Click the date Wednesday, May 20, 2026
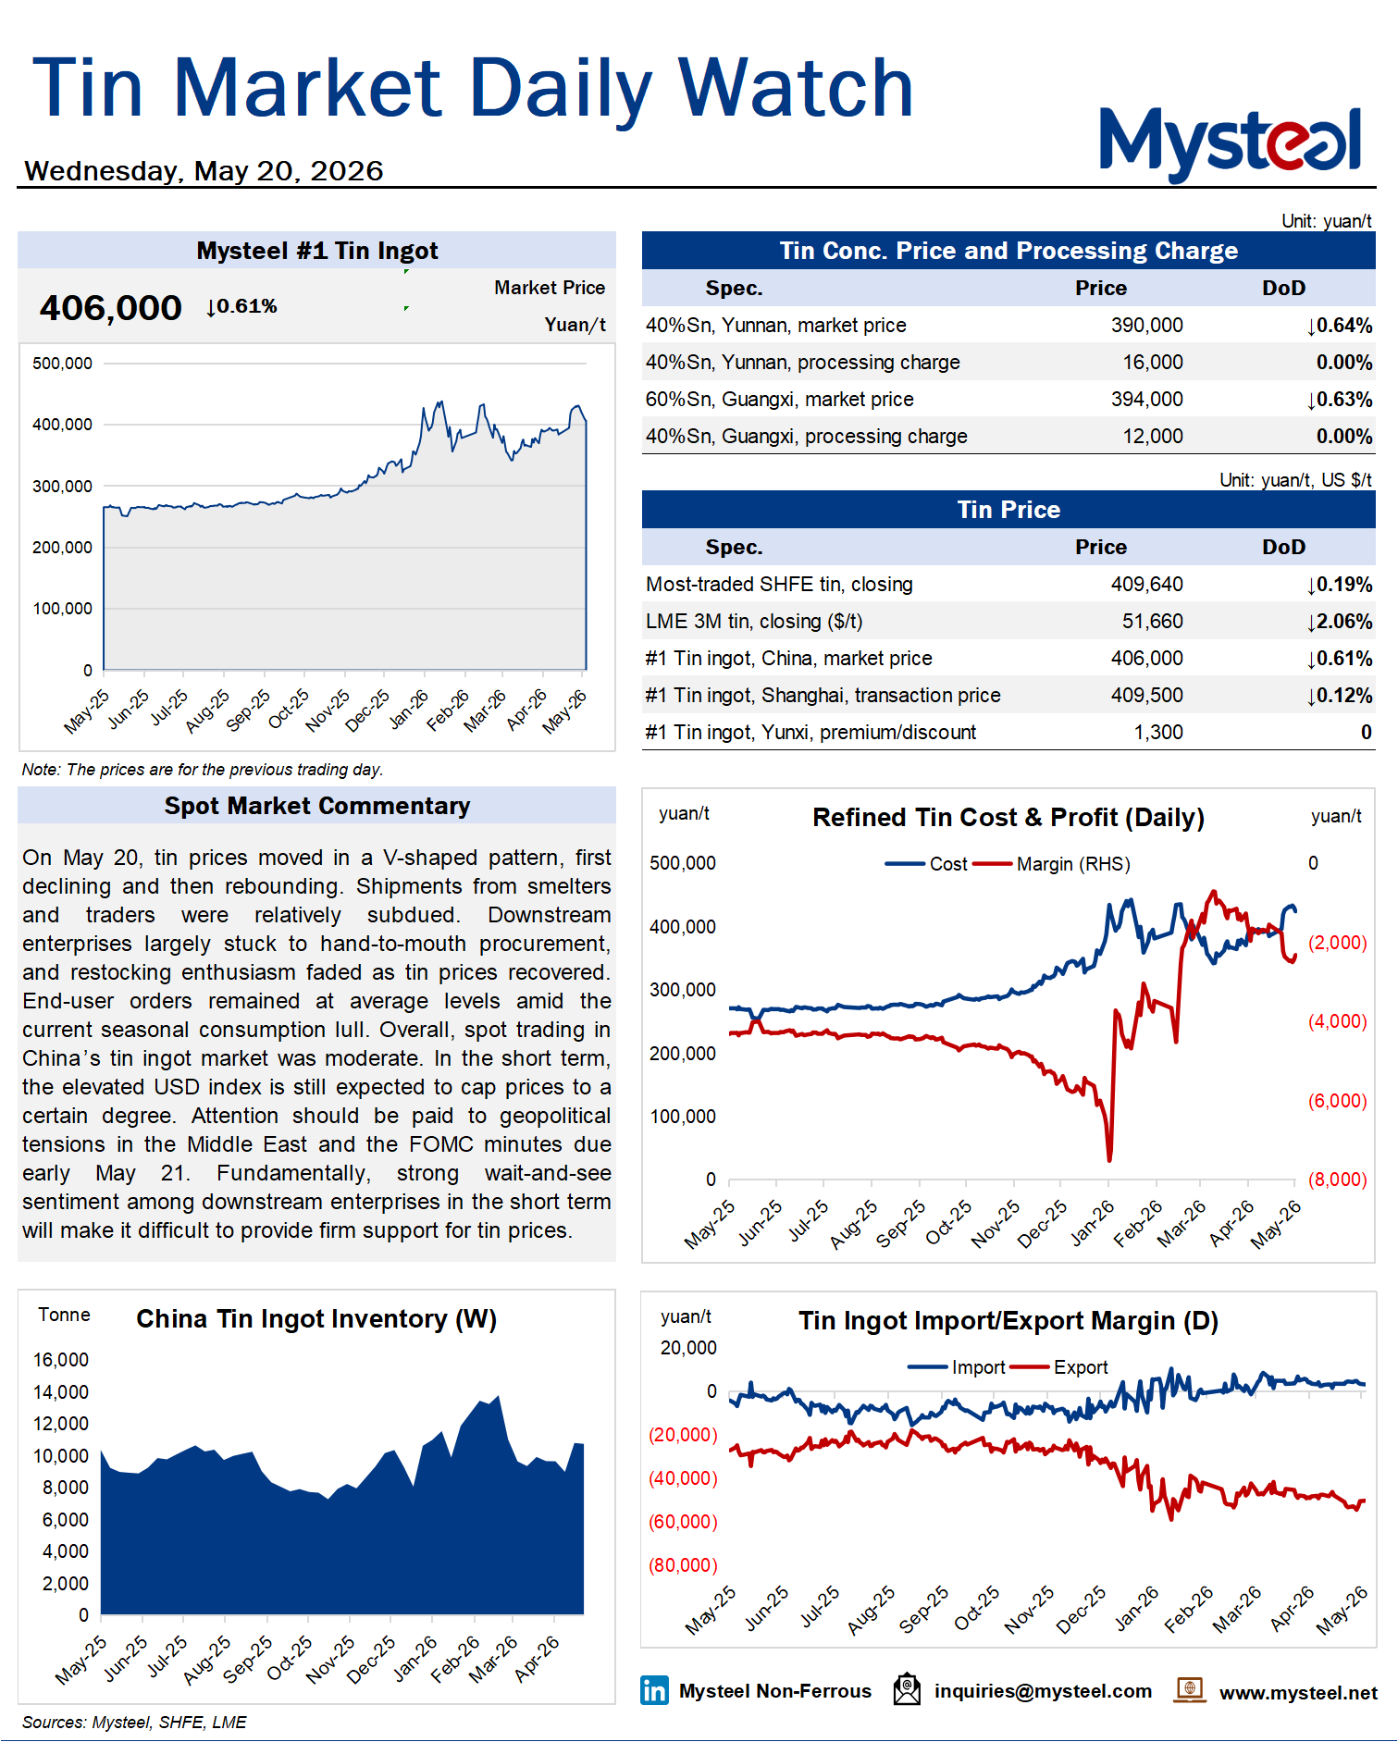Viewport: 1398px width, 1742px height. click(204, 171)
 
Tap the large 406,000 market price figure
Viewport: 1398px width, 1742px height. click(110, 308)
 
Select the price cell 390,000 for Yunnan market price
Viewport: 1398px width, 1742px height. click(1146, 326)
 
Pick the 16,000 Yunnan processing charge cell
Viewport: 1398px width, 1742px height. click(1152, 363)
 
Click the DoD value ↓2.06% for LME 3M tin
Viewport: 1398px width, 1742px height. click(1339, 622)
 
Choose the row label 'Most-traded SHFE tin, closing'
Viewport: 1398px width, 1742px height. click(779, 585)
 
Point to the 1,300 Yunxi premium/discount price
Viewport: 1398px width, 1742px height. click(1158, 733)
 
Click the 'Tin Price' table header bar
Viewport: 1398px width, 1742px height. click(1008, 510)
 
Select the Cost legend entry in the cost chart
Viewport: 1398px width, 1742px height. click(926, 864)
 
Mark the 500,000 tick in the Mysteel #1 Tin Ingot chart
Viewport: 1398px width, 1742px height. click(62, 364)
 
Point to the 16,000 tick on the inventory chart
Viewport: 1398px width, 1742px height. click(61, 1360)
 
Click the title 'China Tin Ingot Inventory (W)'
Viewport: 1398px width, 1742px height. click(316, 1319)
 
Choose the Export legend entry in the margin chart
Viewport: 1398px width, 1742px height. click(1059, 1367)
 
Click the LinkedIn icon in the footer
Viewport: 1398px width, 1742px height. click(654, 1690)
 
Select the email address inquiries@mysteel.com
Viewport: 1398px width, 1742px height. click(1043, 1691)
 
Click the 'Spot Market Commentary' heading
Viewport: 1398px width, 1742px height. click(317, 806)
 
